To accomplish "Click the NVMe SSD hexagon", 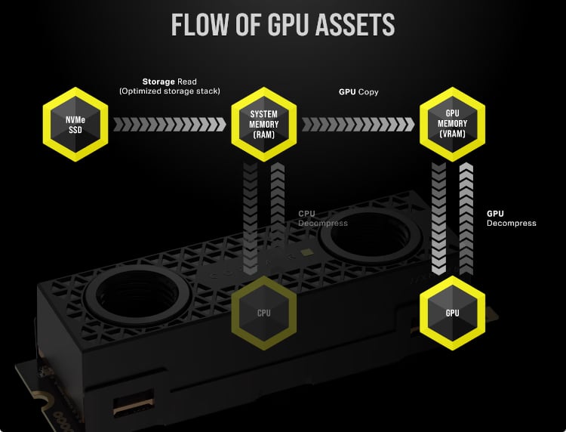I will click(x=74, y=124).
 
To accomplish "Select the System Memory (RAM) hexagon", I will click(x=263, y=124).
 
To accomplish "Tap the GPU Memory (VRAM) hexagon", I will click(x=452, y=124).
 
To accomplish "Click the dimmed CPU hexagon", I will click(x=263, y=311).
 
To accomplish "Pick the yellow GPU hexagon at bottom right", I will click(x=452, y=312).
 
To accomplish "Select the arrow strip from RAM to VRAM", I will click(x=358, y=124).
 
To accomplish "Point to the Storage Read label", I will click(x=168, y=82).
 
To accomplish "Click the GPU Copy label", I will click(x=358, y=91).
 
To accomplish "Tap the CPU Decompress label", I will click(x=323, y=218).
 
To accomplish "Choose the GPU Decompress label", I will click(x=511, y=218).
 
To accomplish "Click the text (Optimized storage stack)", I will click(x=169, y=91).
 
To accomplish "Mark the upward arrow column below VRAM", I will click(x=466, y=219).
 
